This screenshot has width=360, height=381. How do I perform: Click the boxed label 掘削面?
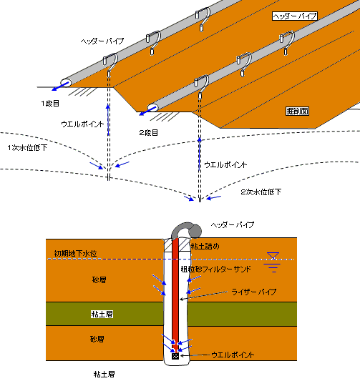297,111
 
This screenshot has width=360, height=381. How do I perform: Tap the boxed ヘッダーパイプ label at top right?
295,16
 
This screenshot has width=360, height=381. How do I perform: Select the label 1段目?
50,104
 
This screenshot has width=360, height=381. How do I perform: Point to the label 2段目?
148,133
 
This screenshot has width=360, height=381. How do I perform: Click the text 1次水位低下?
27,148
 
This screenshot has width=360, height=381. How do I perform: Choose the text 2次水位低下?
261,192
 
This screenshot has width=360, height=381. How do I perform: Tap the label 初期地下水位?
75,254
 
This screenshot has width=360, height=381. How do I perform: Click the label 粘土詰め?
205,247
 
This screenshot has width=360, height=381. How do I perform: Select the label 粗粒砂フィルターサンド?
215,269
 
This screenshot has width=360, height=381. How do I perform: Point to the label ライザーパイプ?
253,292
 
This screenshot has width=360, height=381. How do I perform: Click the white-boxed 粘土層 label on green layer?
102,315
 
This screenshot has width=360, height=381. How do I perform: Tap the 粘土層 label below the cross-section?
104,374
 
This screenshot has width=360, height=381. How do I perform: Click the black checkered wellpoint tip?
175,356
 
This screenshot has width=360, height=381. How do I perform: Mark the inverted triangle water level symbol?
273,256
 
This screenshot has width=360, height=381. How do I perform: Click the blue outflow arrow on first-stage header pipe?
60,86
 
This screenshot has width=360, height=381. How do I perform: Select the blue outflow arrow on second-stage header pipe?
147,111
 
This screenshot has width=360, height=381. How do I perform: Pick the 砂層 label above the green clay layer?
99,280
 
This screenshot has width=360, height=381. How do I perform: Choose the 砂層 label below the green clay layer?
97,339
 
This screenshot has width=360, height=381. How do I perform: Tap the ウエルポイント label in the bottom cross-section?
233,355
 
